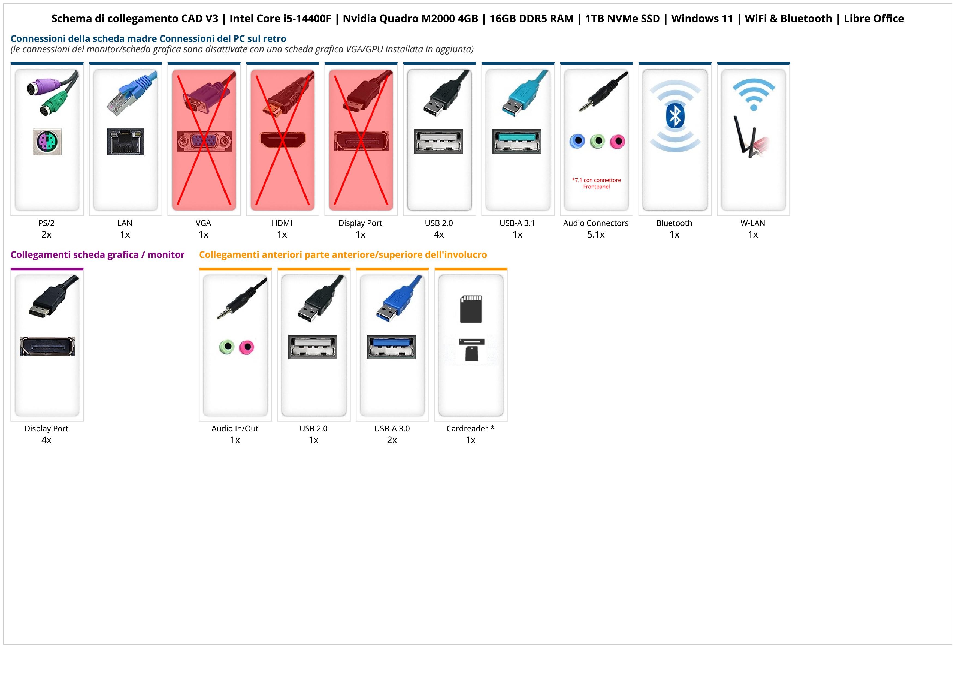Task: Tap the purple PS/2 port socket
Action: [47, 142]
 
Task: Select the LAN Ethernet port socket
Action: [125, 142]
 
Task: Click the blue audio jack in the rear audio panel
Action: [577, 141]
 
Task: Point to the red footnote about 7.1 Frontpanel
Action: [596, 183]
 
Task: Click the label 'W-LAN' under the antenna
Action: [752, 223]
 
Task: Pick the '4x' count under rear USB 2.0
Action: [439, 235]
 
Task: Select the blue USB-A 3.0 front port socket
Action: [391, 347]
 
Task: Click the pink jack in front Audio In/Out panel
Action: [247, 347]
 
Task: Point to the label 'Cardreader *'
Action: [470, 429]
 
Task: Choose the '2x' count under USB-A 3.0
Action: [392, 440]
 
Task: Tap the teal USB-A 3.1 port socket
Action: [517, 141]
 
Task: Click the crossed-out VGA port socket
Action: [204, 141]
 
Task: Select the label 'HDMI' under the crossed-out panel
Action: [282, 223]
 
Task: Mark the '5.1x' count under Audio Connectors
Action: [596, 235]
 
